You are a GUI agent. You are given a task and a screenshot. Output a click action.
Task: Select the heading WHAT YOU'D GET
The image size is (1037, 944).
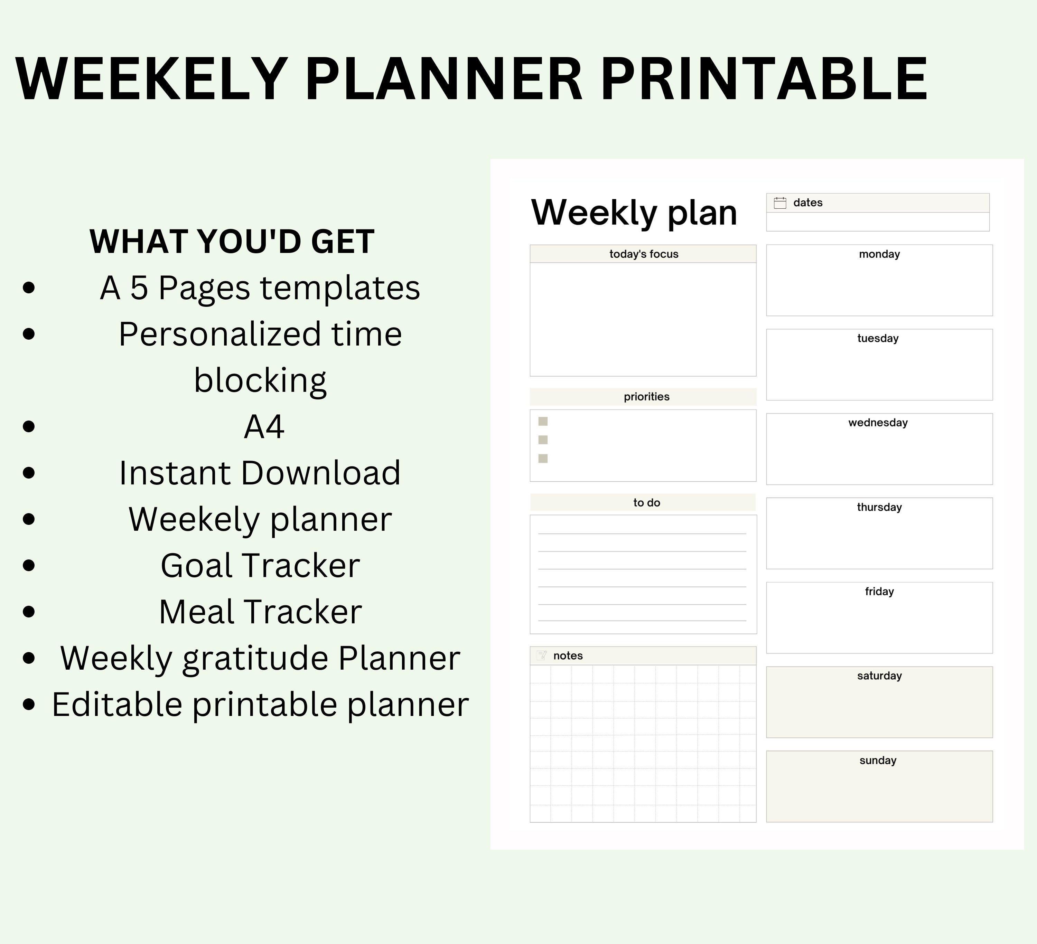click(232, 241)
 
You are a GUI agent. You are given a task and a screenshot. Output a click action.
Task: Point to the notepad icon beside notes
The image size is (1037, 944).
click(541, 655)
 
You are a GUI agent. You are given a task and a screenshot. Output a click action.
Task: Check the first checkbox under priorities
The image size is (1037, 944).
click(543, 422)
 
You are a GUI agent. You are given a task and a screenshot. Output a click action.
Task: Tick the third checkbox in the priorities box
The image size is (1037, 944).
click(543, 458)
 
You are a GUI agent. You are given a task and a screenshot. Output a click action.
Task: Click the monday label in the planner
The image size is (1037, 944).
click(879, 254)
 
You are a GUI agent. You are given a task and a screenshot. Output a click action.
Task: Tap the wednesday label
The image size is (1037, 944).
click(878, 423)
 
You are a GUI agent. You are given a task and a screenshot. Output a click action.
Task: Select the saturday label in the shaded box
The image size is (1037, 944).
click(879, 676)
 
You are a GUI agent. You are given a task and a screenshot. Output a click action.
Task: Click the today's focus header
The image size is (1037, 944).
click(644, 254)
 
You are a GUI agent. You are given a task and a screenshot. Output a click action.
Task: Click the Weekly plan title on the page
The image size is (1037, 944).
click(634, 213)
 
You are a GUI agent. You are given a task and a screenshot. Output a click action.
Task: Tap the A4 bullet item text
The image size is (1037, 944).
click(264, 426)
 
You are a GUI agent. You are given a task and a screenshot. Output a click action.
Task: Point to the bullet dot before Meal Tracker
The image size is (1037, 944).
click(29, 611)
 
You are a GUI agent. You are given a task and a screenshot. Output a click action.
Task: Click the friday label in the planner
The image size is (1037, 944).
click(879, 591)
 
